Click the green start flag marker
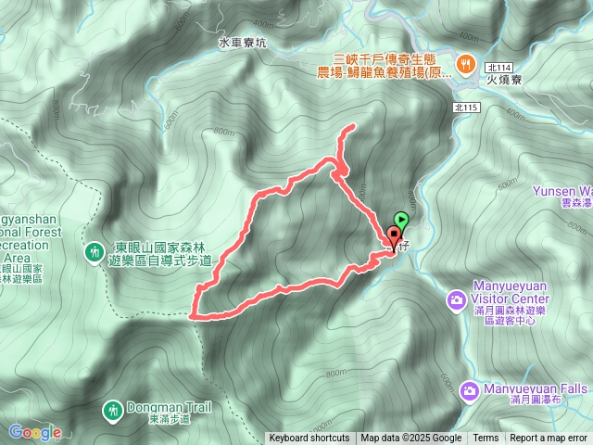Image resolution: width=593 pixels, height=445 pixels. pyautogui.click(x=401, y=219)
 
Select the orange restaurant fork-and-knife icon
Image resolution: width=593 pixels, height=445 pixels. pyautogui.click(x=464, y=65)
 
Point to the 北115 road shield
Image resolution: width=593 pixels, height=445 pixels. pyautogui.click(x=467, y=108)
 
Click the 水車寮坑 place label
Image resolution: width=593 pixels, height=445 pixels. pyautogui.click(x=242, y=43)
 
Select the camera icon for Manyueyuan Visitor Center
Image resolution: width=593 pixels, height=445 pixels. pyautogui.click(x=456, y=299)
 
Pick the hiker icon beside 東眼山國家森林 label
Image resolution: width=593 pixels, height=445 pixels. pyautogui.click(x=94, y=252)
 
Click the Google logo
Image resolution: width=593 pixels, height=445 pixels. pyautogui.click(x=34, y=432)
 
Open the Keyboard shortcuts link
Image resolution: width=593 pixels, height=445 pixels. pyautogui.click(x=309, y=439)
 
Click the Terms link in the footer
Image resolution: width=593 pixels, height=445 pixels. pyautogui.click(x=486, y=439)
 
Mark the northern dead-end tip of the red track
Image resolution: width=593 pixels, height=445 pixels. pyautogui.click(x=354, y=127)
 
